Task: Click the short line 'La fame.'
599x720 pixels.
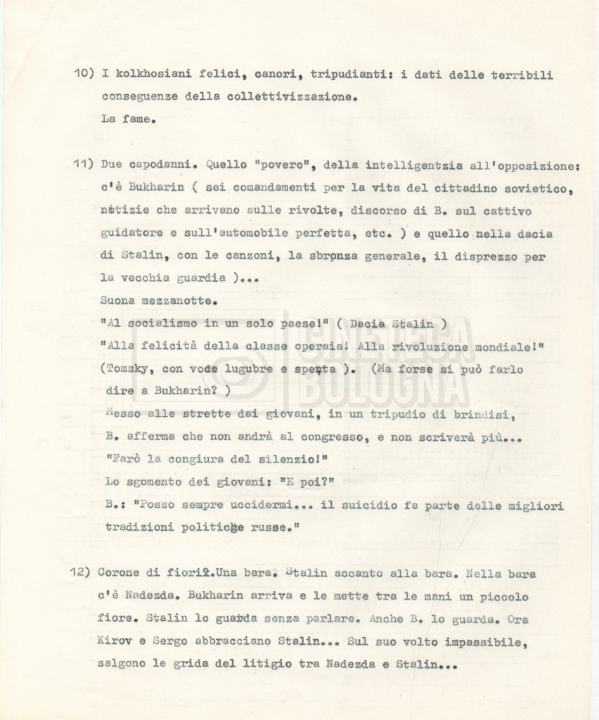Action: click(127, 119)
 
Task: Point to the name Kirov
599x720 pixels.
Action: click(120, 642)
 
